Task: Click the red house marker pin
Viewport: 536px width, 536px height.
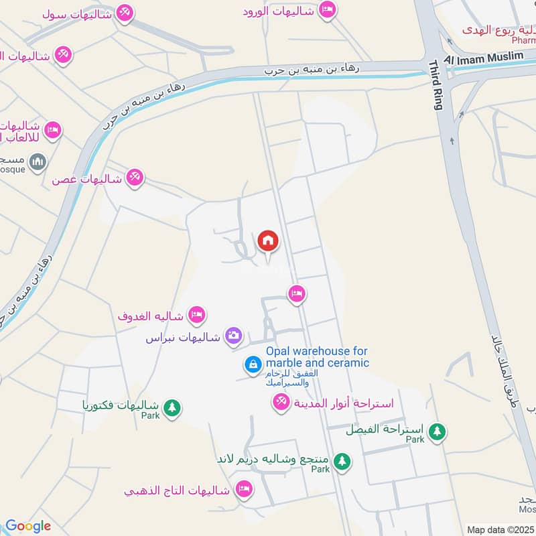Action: coord(267,241)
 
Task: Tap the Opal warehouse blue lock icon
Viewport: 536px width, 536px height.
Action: coord(253,364)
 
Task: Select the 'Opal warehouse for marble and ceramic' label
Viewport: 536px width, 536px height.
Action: coord(317,357)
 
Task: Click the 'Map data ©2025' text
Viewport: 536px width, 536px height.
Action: coord(500,529)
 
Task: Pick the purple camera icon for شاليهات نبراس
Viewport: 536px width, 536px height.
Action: coord(233,336)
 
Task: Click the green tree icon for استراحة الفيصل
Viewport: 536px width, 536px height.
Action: coord(438,431)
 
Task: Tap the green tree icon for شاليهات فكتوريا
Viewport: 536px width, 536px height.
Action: coord(172,407)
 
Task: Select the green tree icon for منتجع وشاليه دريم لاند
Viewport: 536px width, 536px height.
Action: coord(342,462)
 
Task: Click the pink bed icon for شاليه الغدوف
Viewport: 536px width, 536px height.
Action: coord(197,314)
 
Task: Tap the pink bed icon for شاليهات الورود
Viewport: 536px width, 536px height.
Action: coord(326,10)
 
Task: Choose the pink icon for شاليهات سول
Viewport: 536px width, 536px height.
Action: coord(123,13)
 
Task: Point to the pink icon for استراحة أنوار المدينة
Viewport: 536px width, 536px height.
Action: coord(280,402)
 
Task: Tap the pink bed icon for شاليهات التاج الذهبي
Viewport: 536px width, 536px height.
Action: coord(244,490)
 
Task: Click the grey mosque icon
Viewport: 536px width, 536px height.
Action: coord(38,161)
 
